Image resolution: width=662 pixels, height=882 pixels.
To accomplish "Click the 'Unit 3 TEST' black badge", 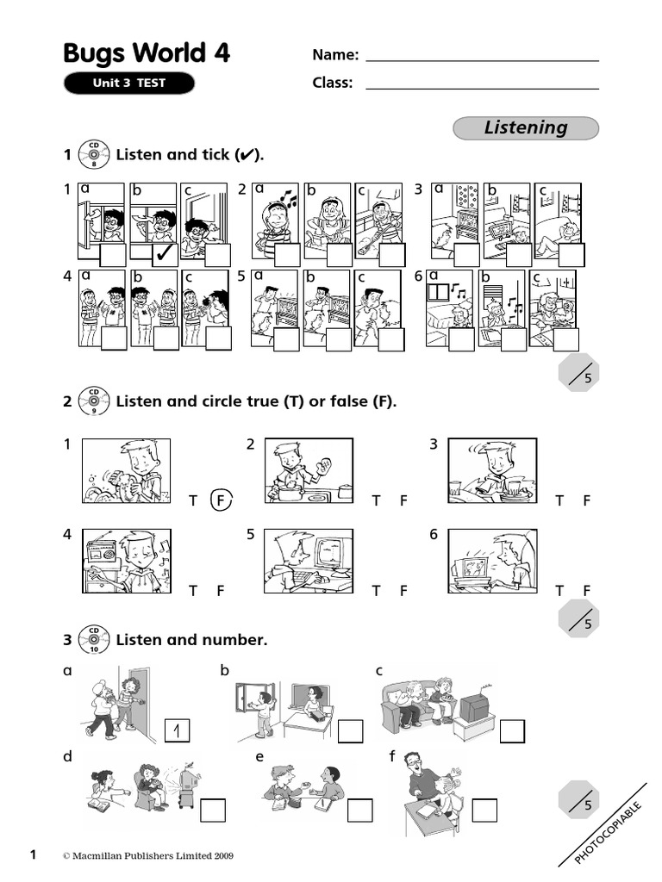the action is pos(128,84).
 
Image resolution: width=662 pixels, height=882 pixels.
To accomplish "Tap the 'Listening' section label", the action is pos(526,127).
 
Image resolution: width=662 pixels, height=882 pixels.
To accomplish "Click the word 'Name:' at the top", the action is pos(335,55).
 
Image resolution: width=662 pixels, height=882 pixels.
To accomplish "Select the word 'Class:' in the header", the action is pos(333,84).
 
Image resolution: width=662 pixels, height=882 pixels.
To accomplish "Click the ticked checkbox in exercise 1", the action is pos(165,254).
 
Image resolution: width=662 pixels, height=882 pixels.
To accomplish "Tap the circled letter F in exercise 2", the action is pos(222,500).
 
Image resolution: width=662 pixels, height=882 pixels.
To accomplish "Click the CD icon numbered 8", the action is pos(92,155).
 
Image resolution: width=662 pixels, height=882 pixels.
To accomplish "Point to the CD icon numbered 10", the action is pos(92,640).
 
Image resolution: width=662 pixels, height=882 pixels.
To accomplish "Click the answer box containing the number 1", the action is pos(177,731).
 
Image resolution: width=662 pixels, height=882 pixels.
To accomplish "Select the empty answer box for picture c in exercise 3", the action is pos(512,730).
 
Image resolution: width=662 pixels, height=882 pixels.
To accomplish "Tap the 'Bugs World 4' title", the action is pos(147,53).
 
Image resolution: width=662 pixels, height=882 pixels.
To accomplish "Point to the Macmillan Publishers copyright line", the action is pos(147,856).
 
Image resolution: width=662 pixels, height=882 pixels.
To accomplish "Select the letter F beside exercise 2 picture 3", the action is pos(586,500).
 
